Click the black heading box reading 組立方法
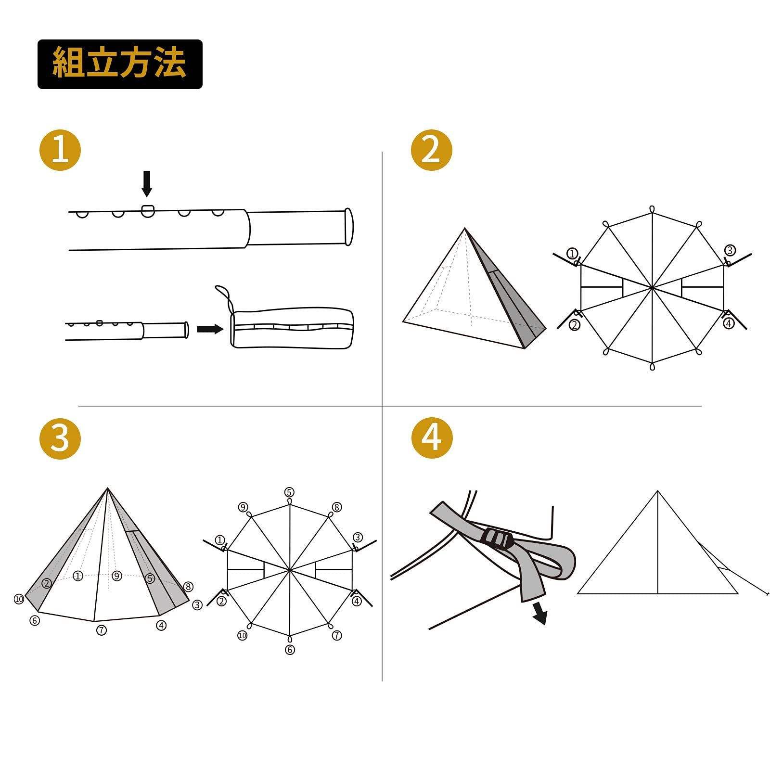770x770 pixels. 120,64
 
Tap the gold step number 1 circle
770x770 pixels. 60,150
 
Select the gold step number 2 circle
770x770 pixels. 432,150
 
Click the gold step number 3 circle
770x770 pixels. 60,438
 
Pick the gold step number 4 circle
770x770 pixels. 432,438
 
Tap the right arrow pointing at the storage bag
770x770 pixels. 210,329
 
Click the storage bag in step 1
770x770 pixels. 293,328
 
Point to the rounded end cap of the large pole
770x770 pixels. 348,227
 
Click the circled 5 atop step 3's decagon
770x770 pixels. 289,492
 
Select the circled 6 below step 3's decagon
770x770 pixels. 290,650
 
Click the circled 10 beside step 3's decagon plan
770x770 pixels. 242,636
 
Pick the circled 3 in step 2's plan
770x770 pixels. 730,250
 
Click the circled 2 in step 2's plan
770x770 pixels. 575,325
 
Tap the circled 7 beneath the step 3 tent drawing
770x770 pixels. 102,630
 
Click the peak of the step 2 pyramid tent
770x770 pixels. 464,230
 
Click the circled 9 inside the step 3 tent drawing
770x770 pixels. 116,576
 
